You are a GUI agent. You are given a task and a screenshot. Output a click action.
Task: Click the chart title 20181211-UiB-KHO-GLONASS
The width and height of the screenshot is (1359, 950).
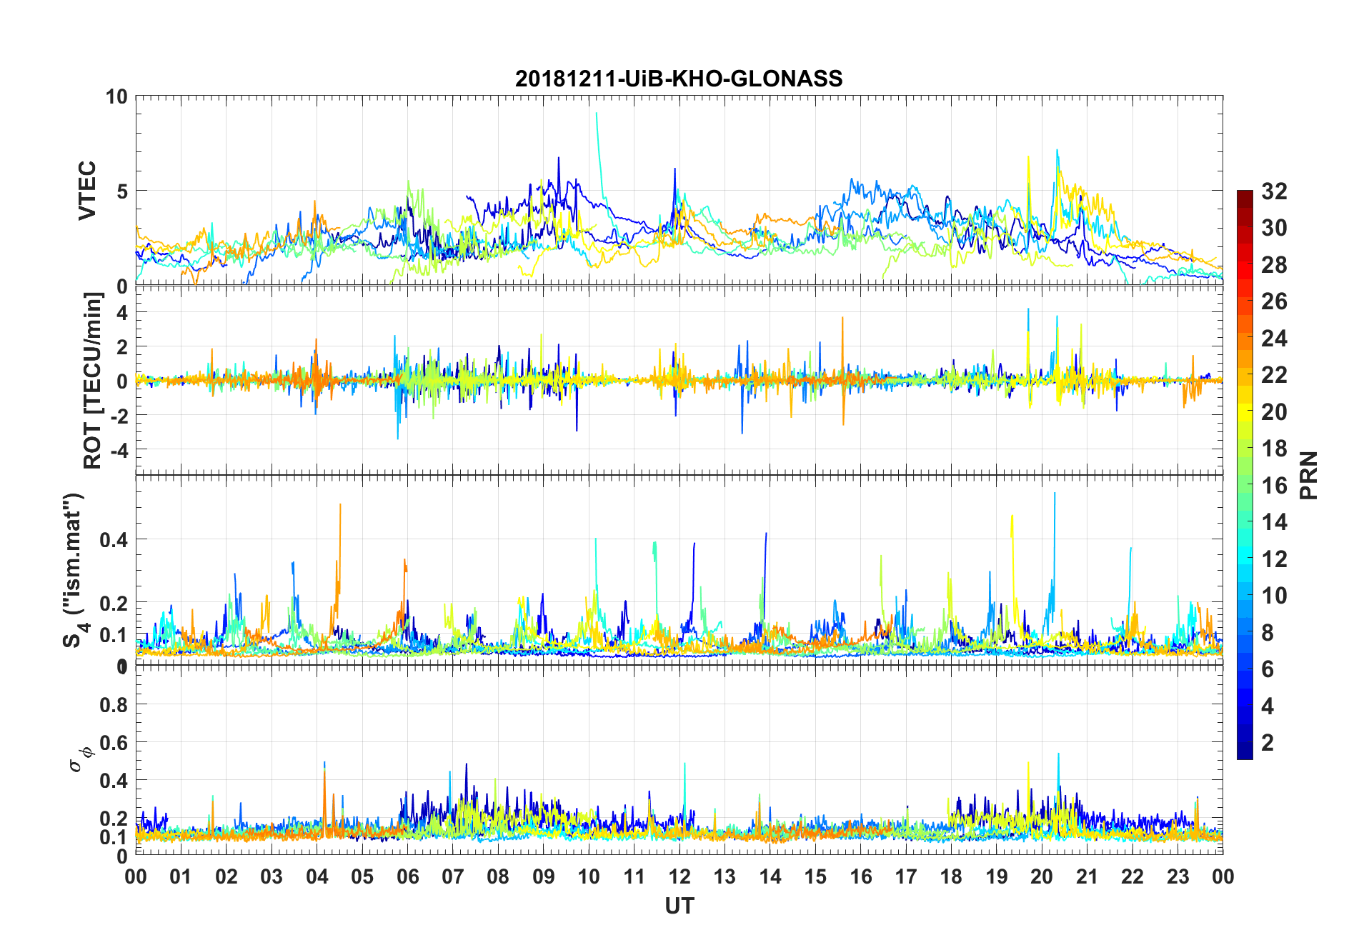click(679, 78)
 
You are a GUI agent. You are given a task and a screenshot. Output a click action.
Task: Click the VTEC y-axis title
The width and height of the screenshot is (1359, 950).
click(87, 191)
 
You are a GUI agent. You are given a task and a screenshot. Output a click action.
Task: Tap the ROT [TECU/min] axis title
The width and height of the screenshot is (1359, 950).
click(93, 380)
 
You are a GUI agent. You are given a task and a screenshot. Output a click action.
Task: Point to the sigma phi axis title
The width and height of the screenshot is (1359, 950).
click(79, 759)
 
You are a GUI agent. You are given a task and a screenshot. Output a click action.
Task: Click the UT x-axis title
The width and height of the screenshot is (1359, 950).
click(679, 906)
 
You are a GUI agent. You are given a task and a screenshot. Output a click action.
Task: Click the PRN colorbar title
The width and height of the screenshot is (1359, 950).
click(1309, 475)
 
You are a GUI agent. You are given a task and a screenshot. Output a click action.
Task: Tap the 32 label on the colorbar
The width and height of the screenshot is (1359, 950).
click(1274, 191)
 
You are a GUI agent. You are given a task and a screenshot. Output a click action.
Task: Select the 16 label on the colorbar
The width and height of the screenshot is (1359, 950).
click(1274, 485)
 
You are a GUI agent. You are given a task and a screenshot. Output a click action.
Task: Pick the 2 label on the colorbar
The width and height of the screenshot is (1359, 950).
click(1268, 742)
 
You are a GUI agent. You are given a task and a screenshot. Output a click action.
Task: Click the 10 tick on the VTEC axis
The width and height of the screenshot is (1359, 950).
click(116, 96)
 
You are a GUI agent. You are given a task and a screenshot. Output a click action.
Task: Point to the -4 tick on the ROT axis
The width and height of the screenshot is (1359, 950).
click(117, 450)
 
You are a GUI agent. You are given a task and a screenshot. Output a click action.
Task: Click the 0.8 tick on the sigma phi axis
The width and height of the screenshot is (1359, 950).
click(114, 705)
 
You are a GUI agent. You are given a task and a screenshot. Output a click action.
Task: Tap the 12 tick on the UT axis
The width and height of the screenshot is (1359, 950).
click(679, 876)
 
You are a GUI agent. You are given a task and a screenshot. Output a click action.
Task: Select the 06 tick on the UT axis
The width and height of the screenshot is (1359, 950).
click(407, 876)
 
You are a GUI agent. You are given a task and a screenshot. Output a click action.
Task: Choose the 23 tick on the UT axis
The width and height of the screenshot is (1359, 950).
click(1178, 876)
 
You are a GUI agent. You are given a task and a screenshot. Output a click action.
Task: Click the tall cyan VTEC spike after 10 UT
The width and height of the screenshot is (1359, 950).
click(596, 114)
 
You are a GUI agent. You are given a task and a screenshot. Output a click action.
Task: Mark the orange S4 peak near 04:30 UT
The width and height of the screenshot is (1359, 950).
click(340, 505)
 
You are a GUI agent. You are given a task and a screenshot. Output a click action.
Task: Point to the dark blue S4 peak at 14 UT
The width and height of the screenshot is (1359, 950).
click(766, 534)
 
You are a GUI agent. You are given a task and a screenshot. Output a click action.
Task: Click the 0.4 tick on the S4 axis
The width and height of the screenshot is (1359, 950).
click(114, 539)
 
